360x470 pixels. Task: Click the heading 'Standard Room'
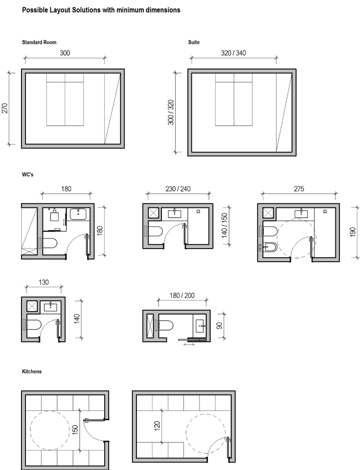(39, 42)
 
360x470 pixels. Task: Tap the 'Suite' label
(194, 42)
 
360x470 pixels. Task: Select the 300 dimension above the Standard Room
(65, 53)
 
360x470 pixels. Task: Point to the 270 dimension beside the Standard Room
(5, 108)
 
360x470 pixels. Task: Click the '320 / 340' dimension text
(233, 53)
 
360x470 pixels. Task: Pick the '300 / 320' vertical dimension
(171, 112)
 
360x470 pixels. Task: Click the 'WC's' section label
(28, 174)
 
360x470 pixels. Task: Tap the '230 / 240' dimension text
(178, 189)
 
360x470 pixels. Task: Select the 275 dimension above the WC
(299, 189)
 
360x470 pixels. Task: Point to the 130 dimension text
(44, 282)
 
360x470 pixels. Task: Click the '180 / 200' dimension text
(182, 296)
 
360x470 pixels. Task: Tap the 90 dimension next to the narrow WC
(220, 326)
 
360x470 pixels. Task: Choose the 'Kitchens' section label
(32, 371)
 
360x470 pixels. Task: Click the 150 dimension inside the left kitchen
(75, 430)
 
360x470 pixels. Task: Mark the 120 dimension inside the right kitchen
(157, 426)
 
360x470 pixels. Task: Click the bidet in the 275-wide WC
(270, 247)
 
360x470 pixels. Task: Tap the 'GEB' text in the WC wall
(260, 248)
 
